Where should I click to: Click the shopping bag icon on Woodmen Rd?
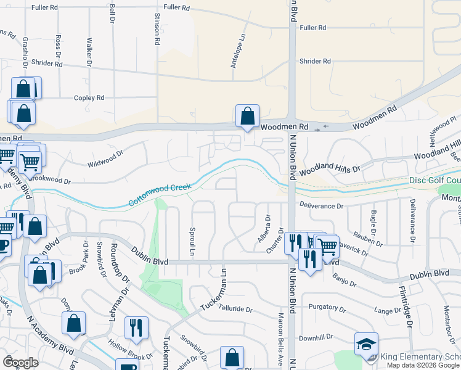click(x=247, y=115)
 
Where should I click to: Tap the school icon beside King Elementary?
click(x=366, y=343)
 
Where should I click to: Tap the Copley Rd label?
click(x=89, y=97)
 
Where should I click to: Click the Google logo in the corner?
click(x=20, y=363)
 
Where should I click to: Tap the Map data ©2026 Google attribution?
click(x=423, y=365)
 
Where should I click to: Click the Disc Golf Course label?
click(x=435, y=181)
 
